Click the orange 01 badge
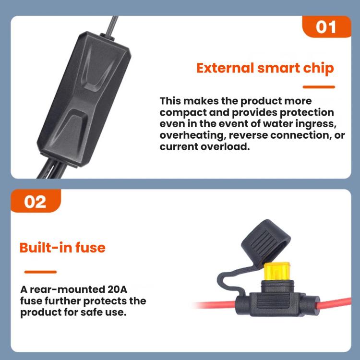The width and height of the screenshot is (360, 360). tap(326, 26)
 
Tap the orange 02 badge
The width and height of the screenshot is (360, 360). tap(36, 201)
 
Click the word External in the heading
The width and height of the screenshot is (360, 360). tap(225, 68)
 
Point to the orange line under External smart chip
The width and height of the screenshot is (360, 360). tap(319, 87)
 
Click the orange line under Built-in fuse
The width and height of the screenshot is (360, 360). tap(40, 272)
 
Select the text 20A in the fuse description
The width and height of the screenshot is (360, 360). tap(117, 289)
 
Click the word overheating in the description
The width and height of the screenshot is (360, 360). tap(192, 135)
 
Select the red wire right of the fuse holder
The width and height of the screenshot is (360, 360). tap(335, 303)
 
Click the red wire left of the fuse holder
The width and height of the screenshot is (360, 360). tap(216, 305)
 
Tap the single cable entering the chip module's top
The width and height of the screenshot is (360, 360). tap(113, 25)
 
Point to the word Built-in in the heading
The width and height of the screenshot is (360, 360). tap(46, 248)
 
